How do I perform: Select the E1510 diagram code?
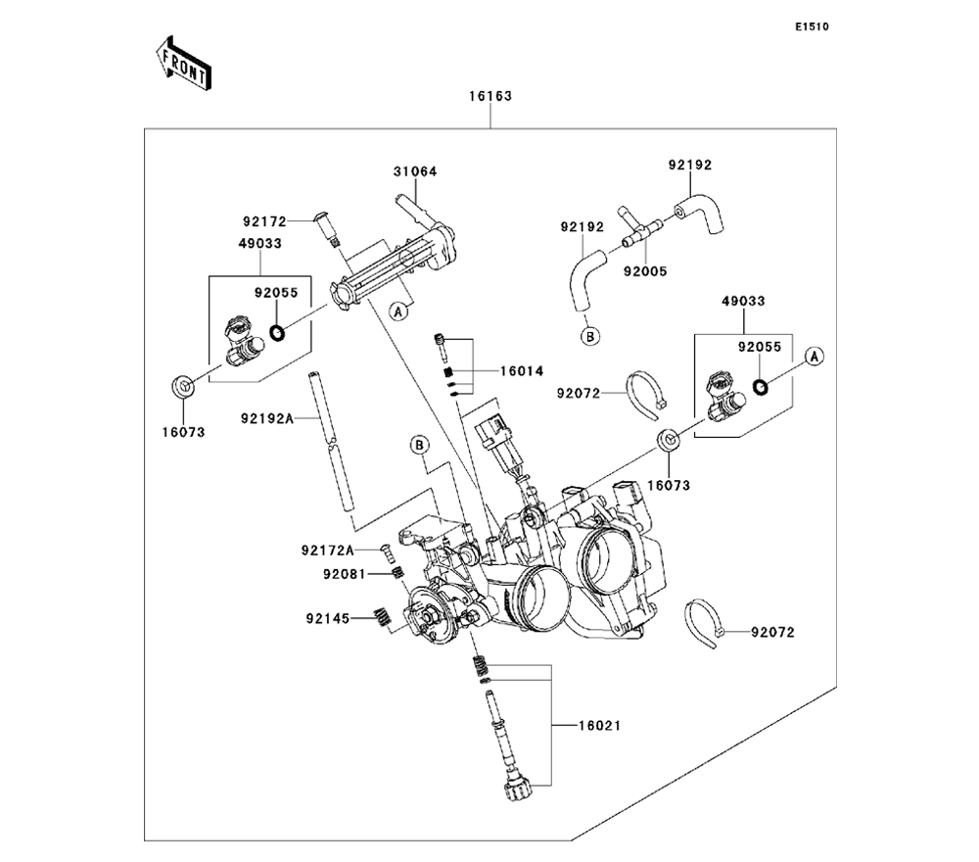812,27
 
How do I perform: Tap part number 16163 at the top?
489,97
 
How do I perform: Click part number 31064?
415,171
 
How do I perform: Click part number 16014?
522,372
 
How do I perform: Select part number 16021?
599,726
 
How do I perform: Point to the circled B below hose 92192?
590,337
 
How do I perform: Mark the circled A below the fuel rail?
398,312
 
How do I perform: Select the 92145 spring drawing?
380,617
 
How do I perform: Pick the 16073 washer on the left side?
181,386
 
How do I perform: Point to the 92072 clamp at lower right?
708,622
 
